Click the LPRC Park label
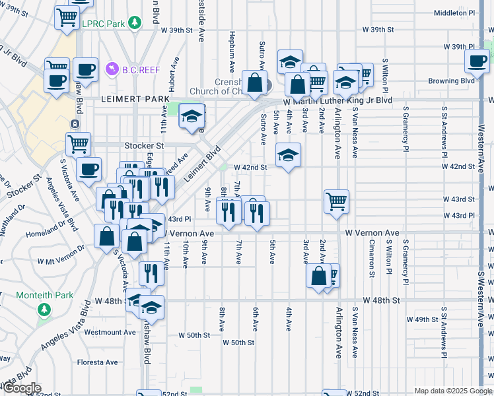[x=104, y=23]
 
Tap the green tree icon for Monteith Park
[x=44, y=309]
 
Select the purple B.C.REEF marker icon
[x=111, y=68]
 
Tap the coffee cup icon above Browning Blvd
[x=476, y=61]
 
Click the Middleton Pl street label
[x=454, y=13]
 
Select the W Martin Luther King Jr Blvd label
[x=337, y=101]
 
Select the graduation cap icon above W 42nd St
[x=288, y=154]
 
